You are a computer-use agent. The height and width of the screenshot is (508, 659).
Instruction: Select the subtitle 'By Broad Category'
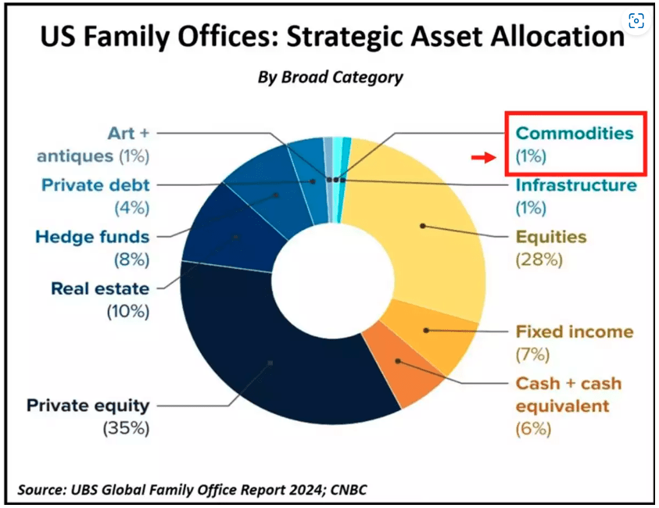click(x=330, y=77)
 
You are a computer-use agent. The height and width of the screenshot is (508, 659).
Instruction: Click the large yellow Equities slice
click(x=422, y=227)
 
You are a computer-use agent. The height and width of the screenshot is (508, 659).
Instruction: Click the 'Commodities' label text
click(x=575, y=134)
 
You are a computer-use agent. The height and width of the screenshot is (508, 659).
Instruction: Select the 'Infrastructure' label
click(x=575, y=186)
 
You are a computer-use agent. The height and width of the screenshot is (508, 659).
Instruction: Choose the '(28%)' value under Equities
click(x=539, y=260)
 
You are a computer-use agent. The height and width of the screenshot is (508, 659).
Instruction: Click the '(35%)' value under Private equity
click(x=126, y=428)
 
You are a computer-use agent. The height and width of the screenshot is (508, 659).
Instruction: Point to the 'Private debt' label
click(x=95, y=185)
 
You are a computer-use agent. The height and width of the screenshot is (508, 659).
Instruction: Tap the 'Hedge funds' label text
click(x=91, y=237)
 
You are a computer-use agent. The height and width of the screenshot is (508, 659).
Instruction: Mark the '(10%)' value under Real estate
click(x=127, y=311)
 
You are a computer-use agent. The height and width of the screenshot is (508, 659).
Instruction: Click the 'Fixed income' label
click(x=575, y=331)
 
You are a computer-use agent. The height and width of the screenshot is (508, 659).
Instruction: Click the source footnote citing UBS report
click(x=192, y=489)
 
